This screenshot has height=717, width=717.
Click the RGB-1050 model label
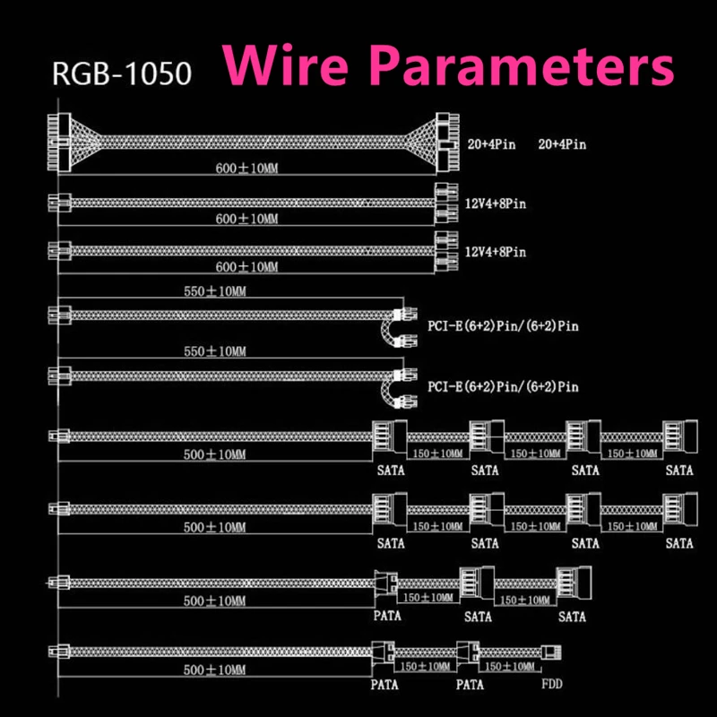tap(122, 73)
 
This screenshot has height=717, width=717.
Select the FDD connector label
tap(552, 684)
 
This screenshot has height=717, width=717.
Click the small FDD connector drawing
tap(551, 652)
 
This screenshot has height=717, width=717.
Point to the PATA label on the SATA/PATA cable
tap(387, 616)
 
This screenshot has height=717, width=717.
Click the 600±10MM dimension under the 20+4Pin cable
tap(246, 168)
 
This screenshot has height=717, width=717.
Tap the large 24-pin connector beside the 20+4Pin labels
tap(447, 143)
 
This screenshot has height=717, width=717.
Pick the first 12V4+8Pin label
tap(496, 203)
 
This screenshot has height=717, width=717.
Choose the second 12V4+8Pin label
tap(496, 252)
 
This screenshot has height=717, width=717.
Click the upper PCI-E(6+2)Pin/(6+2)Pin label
tap(503, 326)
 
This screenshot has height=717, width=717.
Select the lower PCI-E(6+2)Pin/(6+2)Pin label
tap(503, 386)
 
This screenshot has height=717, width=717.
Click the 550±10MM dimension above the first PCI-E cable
tap(215, 290)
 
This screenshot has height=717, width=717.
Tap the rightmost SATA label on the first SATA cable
tap(679, 470)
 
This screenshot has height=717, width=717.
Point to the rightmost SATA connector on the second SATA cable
tap(680, 508)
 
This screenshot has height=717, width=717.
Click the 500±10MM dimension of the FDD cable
tap(214, 669)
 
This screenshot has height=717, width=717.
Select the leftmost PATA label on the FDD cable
tap(384, 685)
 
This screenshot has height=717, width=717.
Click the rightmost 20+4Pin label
tap(562, 144)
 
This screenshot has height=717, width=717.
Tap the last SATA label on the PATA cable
tap(572, 617)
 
